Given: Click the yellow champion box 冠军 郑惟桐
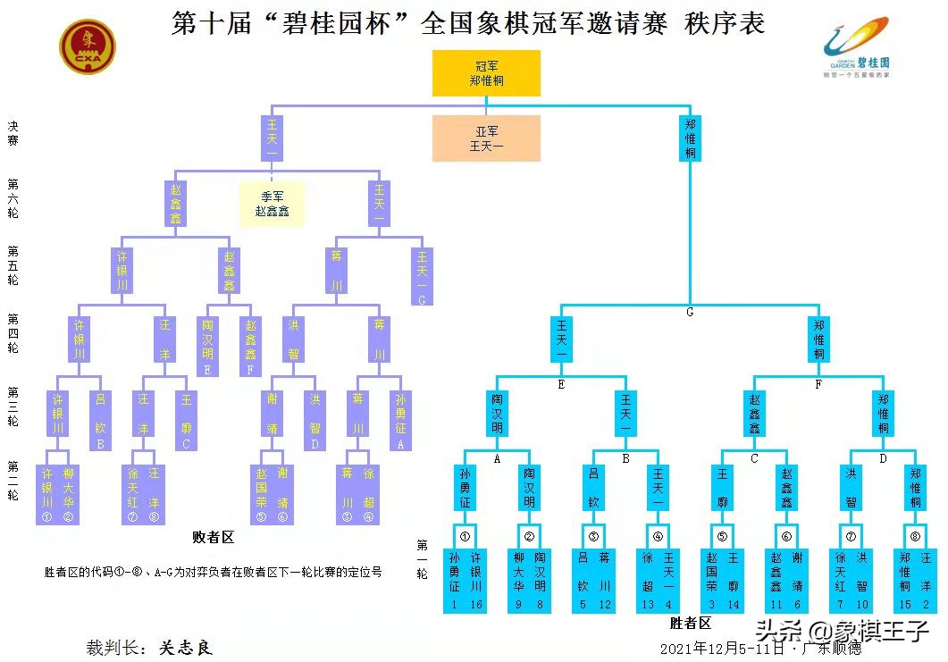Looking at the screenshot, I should [x=486, y=73].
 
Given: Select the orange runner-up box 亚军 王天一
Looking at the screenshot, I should [x=486, y=138].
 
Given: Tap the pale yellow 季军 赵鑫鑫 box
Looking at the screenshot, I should [x=272, y=205].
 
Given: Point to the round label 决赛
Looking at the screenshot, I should [x=13, y=134].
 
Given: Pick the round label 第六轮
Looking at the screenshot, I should [x=13, y=198].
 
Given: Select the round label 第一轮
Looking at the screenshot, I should [x=422, y=559].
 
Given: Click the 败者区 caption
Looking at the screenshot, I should [x=214, y=537].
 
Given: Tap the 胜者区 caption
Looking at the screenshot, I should [x=691, y=623].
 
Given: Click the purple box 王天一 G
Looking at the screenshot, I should [x=422, y=277].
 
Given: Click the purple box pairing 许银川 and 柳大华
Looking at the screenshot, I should [x=57, y=493].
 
